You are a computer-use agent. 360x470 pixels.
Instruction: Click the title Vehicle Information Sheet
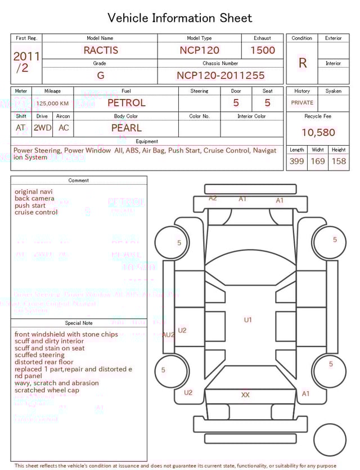click(x=180, y=18)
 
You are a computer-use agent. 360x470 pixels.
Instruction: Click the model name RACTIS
click(x=101, y=50)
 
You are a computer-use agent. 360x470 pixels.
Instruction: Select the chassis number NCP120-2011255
click(x=220, y=75)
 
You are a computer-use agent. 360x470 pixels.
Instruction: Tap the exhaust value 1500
click(x=263, y=50)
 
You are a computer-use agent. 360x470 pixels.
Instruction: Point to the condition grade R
click(x=302, y=63)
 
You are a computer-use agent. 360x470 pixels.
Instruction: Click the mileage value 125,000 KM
click(x=53, y=104)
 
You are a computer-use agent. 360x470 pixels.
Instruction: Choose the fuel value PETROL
click(x=126, y=103)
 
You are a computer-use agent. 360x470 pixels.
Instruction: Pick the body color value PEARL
click(x=126, y=128)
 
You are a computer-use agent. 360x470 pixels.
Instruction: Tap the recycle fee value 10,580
click(x=318, y=133)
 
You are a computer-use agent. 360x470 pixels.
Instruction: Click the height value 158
click(x=339, y=162)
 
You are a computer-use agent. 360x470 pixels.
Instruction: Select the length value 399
click(x=296, y=162)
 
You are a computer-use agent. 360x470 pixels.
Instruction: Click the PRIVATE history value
click(x=302, y=103)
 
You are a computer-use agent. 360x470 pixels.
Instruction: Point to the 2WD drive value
click(x=42, y=128)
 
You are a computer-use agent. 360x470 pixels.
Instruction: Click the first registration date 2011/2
click(x=26, y=62)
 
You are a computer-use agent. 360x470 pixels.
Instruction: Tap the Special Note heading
click(x=79, y=323)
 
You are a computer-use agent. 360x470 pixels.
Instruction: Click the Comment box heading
click(x=79, y=181)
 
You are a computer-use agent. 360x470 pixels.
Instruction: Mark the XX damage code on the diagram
click(x=245, y=395)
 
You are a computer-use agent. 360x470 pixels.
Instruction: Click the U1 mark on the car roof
click(x=247, y=320)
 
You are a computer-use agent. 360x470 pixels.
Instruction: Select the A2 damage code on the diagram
click(x=213, y=198)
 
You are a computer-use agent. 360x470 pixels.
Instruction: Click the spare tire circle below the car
click(x=330, y=440)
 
